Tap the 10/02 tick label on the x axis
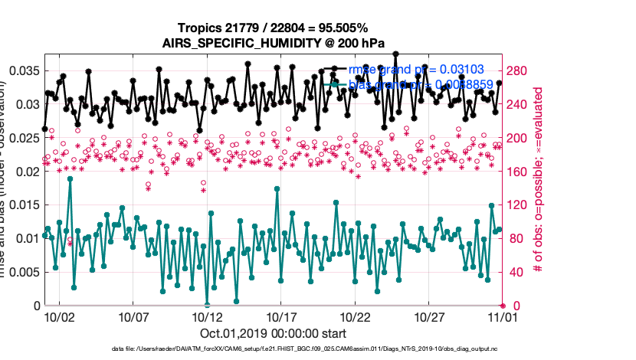(60, 316)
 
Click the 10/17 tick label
(281, 316)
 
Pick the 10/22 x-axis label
(355, 316)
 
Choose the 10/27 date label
(429, 316)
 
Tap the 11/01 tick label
(503, 316)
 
